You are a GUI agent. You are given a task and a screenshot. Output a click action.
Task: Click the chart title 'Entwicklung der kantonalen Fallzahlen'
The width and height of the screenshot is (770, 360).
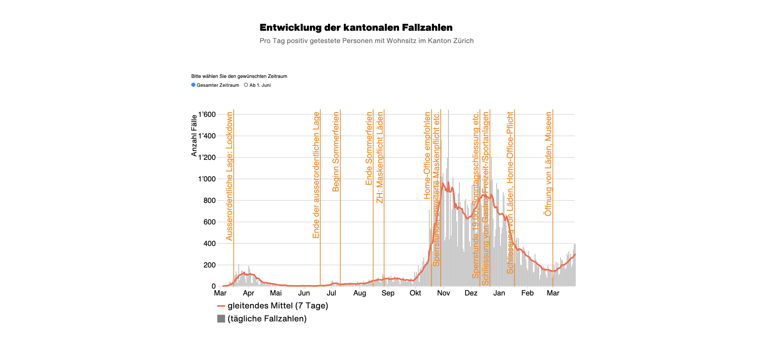pos(356,28)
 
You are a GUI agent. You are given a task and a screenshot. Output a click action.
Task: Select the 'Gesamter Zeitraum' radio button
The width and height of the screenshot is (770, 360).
pos(193,85)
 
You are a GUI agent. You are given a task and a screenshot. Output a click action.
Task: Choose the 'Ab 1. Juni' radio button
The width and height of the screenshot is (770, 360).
pos(246,85)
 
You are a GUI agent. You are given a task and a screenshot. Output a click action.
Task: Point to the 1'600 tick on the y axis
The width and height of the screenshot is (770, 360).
pos(207,114)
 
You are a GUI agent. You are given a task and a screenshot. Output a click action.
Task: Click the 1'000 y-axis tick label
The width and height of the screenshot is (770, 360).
pos(207,179)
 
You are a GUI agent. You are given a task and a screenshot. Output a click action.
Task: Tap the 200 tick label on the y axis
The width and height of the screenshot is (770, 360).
pos(209,265)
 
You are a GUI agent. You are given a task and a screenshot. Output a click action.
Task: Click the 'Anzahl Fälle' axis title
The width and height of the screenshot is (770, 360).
pos(194,136)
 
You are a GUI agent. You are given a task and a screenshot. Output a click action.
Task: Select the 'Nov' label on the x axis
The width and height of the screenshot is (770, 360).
pos(443,293)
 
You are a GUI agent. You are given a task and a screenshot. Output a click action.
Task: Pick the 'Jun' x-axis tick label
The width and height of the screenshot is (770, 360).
pos(304,293)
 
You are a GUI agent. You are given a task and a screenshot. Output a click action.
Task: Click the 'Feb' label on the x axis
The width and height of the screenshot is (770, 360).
pos(527,293)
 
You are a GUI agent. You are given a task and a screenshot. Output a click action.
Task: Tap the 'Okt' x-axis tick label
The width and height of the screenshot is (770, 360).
pos(415,293)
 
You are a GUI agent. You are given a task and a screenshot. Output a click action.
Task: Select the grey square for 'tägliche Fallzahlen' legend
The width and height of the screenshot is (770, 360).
pos(221,319)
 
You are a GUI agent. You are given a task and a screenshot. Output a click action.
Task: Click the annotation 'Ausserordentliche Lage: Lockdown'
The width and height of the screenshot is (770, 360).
pos(229,176)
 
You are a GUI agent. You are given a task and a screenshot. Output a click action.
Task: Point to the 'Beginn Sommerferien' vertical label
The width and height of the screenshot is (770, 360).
pos(336,152)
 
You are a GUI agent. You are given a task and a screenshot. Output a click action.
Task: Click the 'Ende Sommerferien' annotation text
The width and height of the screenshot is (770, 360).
pos(369,149)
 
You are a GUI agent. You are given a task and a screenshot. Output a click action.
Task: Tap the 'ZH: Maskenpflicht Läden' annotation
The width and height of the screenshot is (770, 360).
pos(380,157)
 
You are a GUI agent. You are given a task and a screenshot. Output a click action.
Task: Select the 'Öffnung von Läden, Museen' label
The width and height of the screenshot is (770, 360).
pos(548,164)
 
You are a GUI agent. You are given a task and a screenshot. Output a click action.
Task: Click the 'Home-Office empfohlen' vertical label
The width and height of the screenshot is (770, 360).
pos(427,155)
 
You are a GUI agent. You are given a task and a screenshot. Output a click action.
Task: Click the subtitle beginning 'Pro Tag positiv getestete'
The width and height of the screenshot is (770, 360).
pos(366,41)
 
